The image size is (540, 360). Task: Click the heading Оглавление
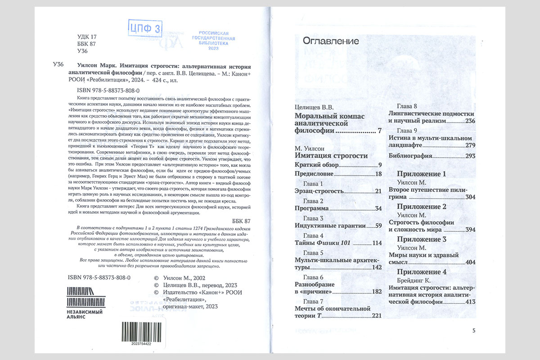tap(331, 41)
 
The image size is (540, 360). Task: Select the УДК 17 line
tap(87, 37)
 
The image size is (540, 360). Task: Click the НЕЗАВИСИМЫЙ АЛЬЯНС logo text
tap(82, 314)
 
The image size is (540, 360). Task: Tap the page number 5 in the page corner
tap(473, 330)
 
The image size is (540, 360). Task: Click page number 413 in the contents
tap(470, 302)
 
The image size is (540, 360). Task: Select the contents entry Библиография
tap(410, 156)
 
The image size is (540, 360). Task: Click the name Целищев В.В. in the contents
tap(314, 107)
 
